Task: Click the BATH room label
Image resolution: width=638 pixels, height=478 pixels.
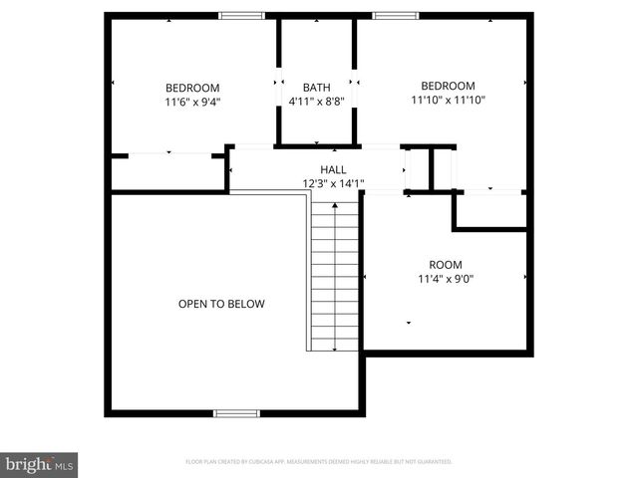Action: [x=316, y=88]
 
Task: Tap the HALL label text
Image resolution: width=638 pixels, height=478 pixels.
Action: [x=333, y=169]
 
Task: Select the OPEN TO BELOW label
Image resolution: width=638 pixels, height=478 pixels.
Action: [x=221, y=304]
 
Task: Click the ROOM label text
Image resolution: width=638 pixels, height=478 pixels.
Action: [x=445, y=264]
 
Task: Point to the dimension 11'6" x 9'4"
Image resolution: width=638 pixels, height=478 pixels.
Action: [x=192, y=101]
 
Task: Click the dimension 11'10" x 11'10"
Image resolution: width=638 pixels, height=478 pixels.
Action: [x=448, y=99]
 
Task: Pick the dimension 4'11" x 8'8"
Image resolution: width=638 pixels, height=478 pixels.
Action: [x=316, y=101]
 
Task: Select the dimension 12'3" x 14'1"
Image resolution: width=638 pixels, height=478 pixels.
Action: [x=333, y=183]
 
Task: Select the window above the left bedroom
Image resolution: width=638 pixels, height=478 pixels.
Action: [x=241, y=15]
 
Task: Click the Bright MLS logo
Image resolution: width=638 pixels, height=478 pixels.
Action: [x=40, y=464]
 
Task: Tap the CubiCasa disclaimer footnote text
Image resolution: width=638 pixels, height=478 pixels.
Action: [x=319, y=462]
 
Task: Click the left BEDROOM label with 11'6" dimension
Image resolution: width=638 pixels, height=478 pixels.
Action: [x=192, y=88]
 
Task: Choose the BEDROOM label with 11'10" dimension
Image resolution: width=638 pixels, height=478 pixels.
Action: [x=448, y=86]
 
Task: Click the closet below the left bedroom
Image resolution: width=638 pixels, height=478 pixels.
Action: [x=167, y=171]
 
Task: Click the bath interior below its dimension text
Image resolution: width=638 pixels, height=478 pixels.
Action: [x=316, y=124]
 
